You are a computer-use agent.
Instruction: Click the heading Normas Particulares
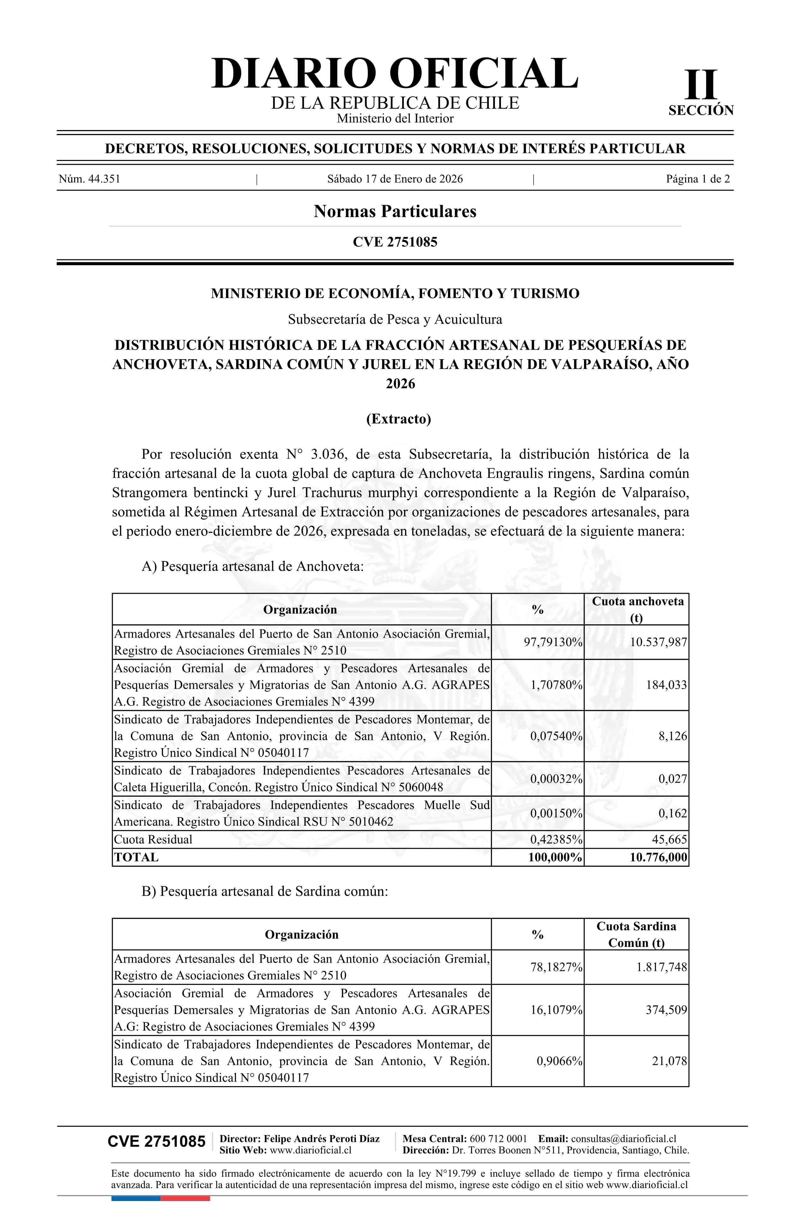coord(395,211)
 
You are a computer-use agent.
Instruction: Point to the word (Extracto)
coord(398,419)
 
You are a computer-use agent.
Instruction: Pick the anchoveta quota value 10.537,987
coord(658,642)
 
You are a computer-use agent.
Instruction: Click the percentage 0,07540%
coord(556,736)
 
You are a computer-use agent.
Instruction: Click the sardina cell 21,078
coord(670,1062)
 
